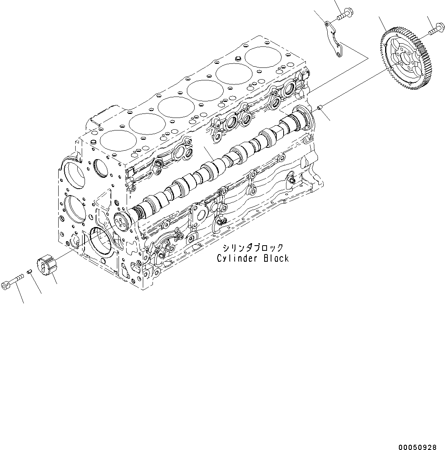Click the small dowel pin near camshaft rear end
pyautogui.click(x=319, y=107)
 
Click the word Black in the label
pyautogui.click(x=276, y=258)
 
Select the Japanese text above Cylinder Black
pyautogui.click(x=252, y=248)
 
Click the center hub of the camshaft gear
pyautogui.click(x=406, y=57)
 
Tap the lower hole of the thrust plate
pyautogui.click(x=337, y=52)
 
